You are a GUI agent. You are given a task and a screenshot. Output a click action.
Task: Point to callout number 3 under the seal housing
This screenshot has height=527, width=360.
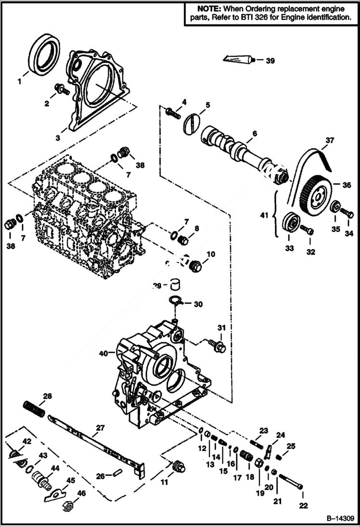[x=58, y=137]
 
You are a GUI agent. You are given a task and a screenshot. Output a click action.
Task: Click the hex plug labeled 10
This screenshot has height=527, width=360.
[x=195, y=266]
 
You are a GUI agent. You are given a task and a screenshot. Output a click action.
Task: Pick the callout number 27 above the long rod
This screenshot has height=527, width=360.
[x=99, y=428]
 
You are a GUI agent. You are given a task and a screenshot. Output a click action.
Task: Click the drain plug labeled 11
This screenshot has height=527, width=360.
[x=179, y=466]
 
